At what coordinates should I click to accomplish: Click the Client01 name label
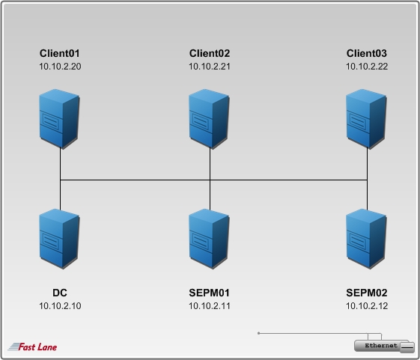[60, 53]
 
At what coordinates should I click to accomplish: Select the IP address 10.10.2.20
[60, 67]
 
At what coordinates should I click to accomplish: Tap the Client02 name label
[210, 53]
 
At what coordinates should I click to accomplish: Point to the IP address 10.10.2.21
[210, 67]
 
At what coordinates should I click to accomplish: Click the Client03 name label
[367, 53]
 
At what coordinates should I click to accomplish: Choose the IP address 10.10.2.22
[367, 67]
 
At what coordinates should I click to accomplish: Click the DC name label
[60, 293]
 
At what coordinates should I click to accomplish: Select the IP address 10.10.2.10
[60, 306]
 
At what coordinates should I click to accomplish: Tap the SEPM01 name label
[209, 293]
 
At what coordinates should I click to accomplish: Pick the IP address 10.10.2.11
[210, 306]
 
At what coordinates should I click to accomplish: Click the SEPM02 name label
[367, 293]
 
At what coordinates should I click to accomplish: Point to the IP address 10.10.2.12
[367, 306]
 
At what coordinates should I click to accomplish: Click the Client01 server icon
[59, 119]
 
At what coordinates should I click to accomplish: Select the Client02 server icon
[209, 119]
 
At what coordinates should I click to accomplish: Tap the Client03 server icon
[366, 119]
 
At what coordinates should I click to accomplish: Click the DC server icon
[59, 239]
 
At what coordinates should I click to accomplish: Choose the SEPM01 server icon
[209, 239]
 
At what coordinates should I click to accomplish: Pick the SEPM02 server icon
[366, 239]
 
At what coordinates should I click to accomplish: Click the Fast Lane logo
[32, 347]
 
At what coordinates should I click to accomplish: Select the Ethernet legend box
[385, 346]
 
